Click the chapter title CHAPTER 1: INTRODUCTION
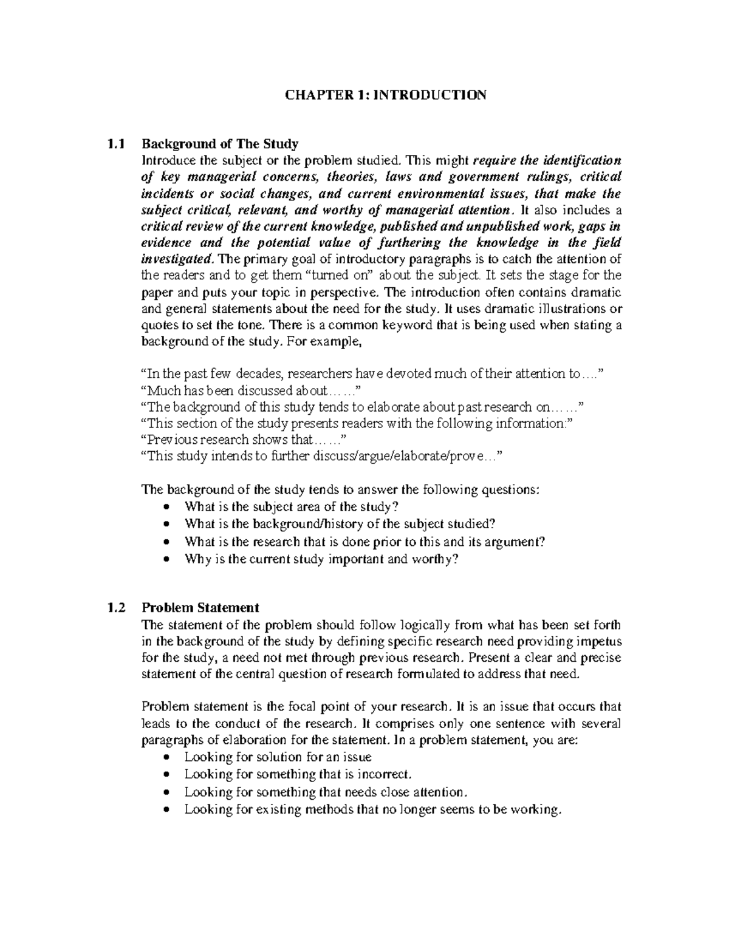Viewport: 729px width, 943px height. click(x=386, y=95)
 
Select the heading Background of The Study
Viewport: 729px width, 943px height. click(x=219, y=145)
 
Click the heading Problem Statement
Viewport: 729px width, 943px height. click(x=200, y=608)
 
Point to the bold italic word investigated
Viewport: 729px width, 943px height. click(x=177, y=259)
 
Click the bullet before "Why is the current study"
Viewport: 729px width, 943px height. click(x=168, y=560)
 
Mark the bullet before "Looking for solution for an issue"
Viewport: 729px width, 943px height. click(x=168, y=758)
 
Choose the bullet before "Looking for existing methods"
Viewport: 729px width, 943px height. click(x=168, y=810)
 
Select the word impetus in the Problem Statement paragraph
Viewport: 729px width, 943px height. click(x=598, y=641)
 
